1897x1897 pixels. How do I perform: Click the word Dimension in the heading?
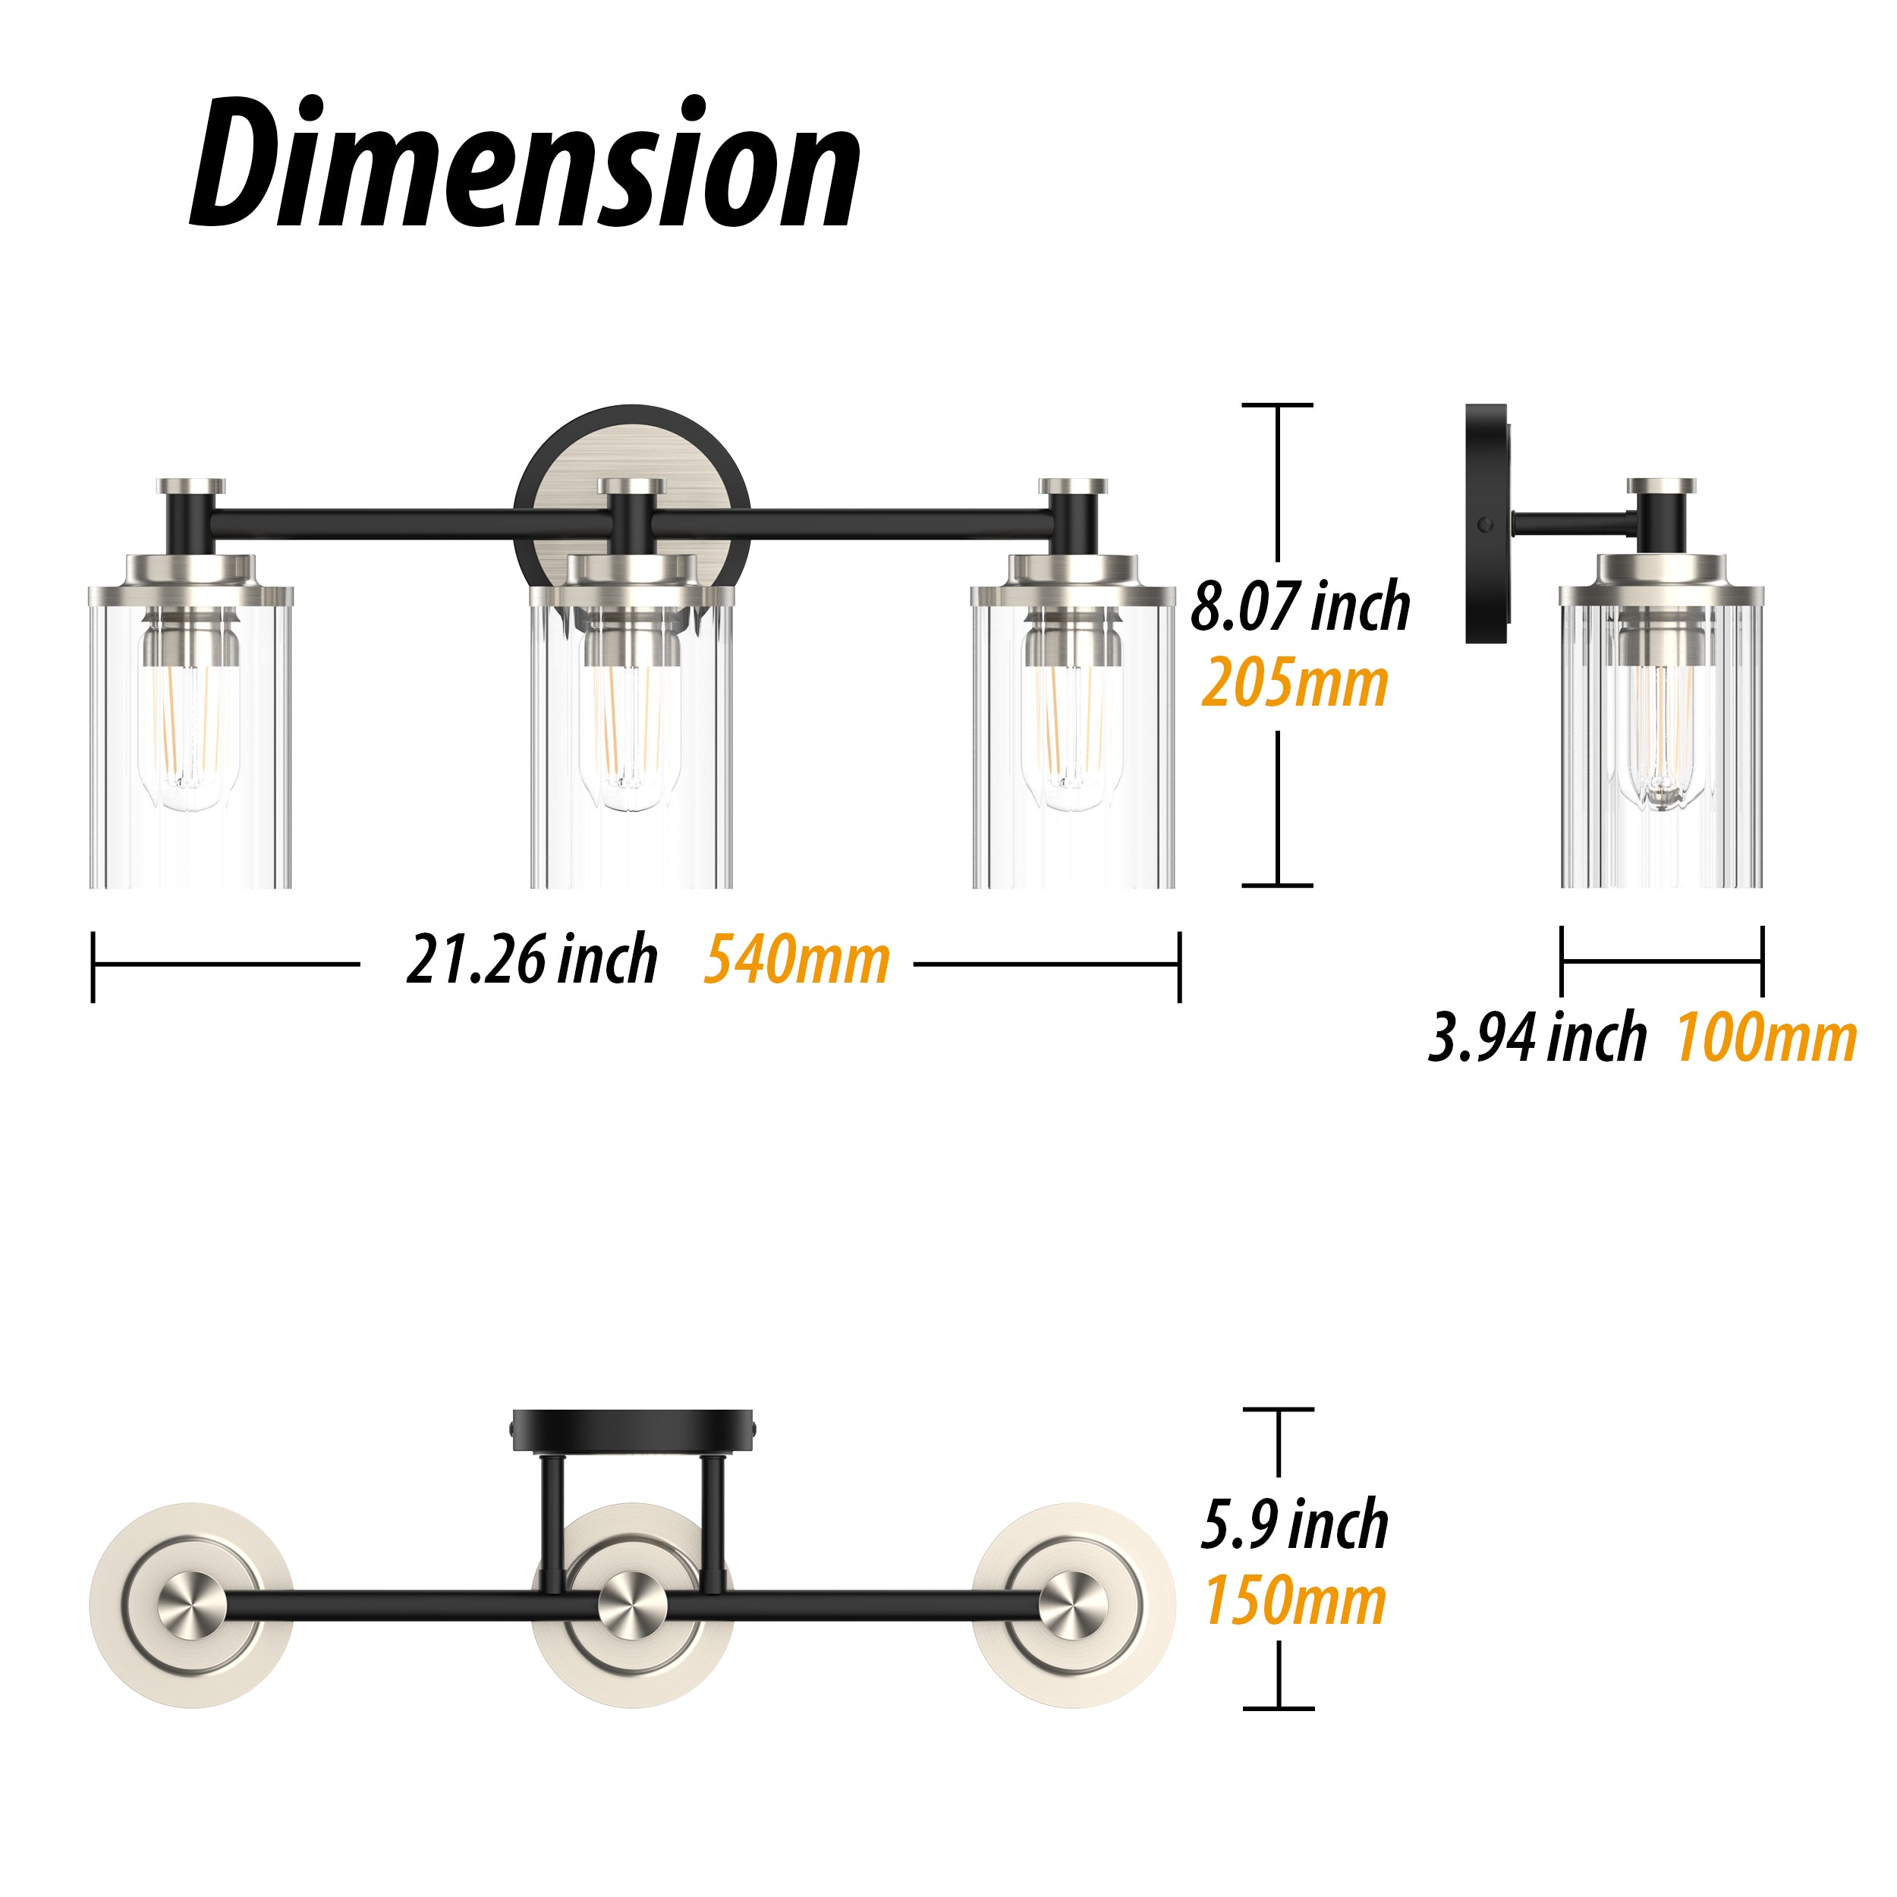(525, 163)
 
